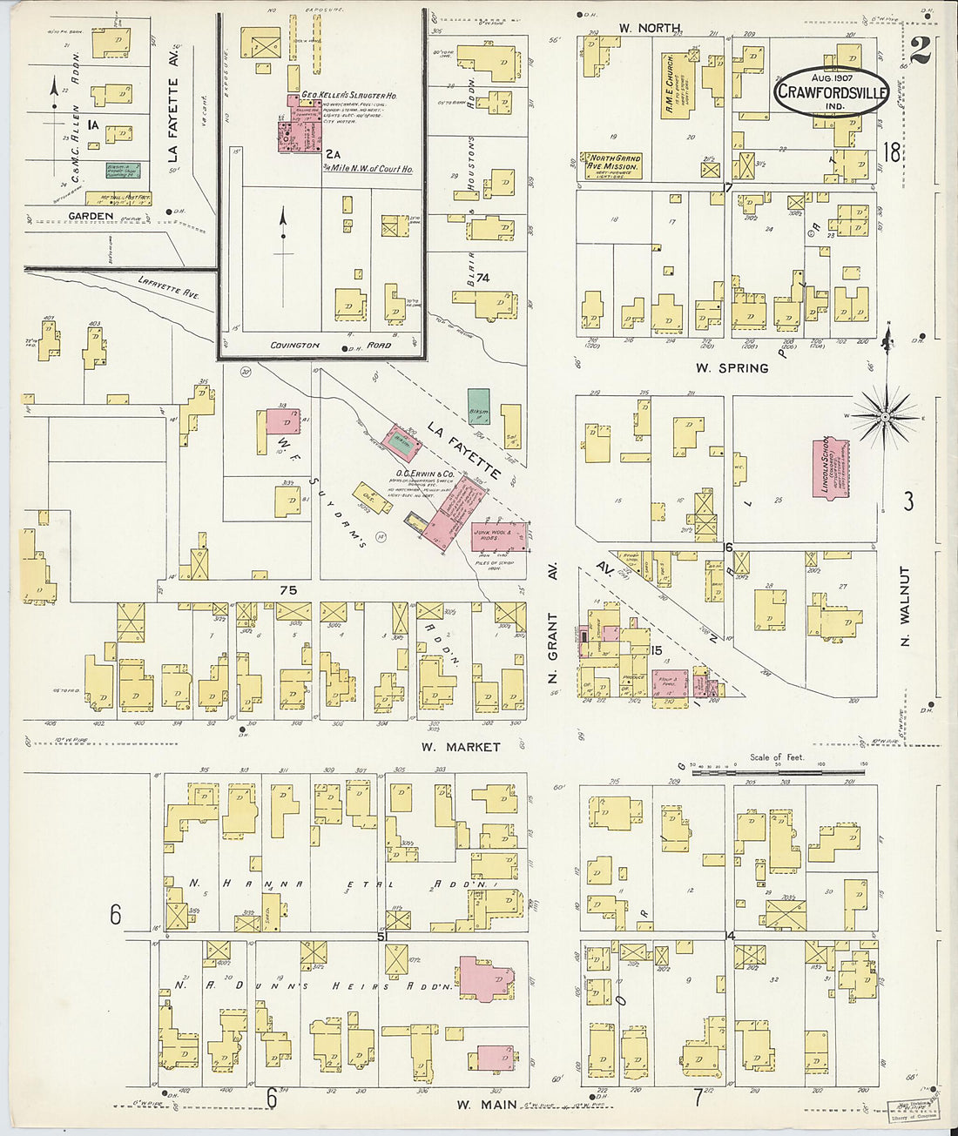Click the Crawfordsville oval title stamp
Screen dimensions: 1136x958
(x=831, y=90)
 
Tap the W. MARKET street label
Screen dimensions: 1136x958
(x=460, y=747)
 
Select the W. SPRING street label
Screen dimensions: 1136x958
(x=732, y=368)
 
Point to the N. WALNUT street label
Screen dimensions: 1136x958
(x=905, y=606)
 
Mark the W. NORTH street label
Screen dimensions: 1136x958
(x=649, y=28)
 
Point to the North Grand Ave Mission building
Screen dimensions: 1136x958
(x=611, y=165)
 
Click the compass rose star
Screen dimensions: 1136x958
(x=886, y=417)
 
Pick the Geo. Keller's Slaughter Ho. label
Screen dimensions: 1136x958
(x=349, y=96)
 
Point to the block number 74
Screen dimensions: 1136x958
(x=482, y=278)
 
